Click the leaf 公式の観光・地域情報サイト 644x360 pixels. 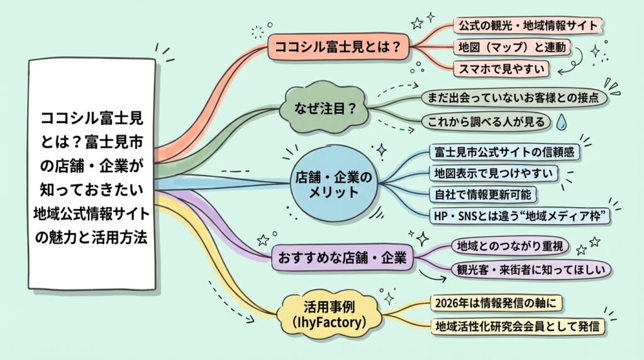[x=529, y=25]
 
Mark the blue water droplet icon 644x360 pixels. [x=562, y=121]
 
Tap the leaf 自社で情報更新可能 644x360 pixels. [x=484, y=193]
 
